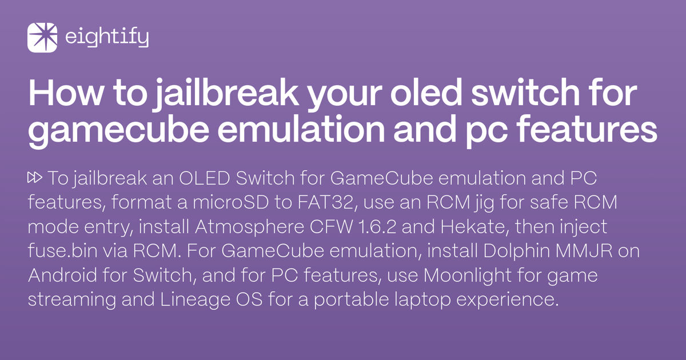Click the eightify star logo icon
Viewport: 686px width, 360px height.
point(42,38)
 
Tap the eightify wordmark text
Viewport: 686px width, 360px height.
point(107,38)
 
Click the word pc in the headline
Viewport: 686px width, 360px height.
point(506,131)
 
